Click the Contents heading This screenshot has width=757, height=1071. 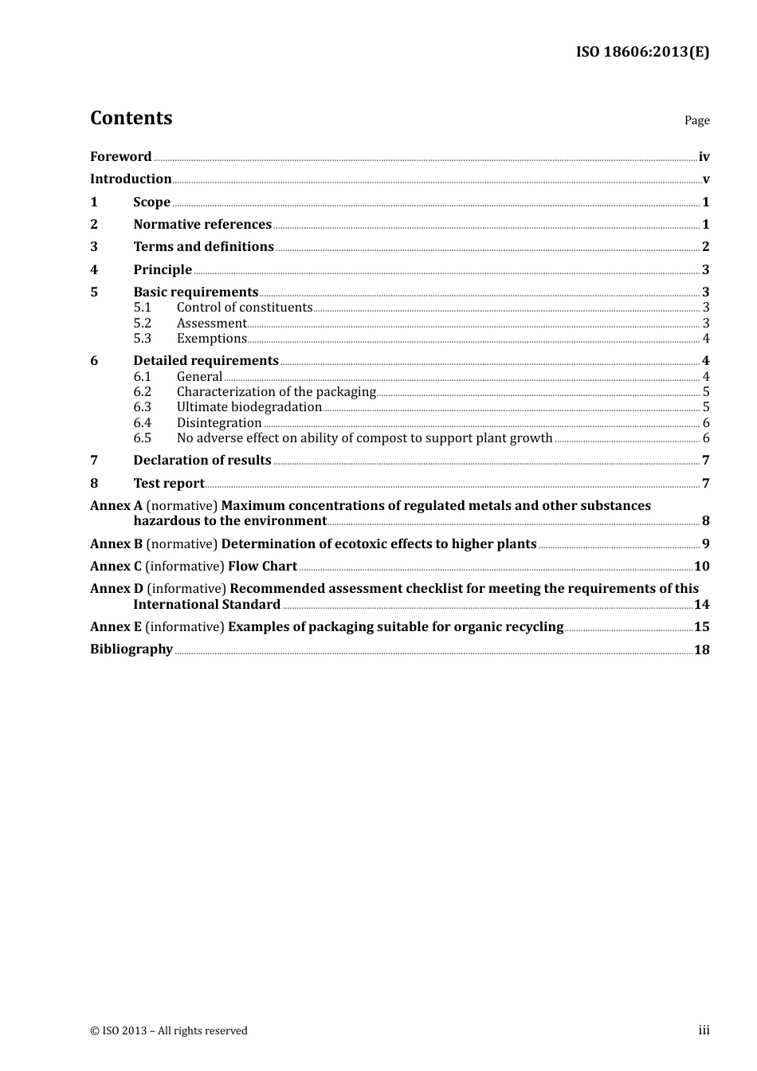131,118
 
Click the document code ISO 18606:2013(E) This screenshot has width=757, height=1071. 642,52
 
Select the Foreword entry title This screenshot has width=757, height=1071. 120,156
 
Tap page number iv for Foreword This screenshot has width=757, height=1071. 704,156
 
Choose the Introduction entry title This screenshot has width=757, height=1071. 131,178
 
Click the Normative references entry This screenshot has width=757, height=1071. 202,224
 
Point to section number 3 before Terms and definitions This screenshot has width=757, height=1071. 94,246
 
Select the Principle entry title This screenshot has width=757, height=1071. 163,269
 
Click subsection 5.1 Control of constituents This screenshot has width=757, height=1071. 244,307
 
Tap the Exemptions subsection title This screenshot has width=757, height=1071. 211,338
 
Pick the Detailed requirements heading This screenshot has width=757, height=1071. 206,360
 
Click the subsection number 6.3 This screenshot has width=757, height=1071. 142,406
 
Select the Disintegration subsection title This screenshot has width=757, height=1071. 219,422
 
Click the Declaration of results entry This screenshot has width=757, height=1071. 202,460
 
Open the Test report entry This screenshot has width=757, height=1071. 169,483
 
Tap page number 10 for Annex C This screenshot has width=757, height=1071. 701,566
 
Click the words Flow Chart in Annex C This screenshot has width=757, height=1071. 262,566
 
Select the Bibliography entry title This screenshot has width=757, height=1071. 131,649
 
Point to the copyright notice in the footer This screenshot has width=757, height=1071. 169,1030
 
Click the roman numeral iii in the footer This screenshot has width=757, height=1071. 704,1030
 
